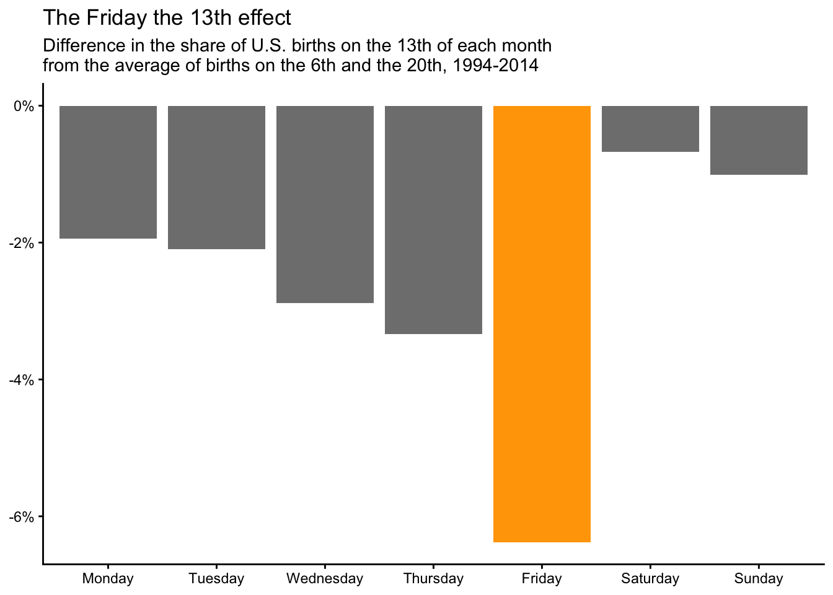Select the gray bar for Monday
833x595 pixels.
pyautogui.click(x=108, y=172)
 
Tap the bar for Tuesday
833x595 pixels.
pyautogui.click(x=216, y=177)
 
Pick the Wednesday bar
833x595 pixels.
pyautogui.click(x=325, y=205)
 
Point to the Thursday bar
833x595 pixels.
pyautogui.click(x=433, y=220)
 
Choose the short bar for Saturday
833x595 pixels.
pyautogui.click(x=650, y=129)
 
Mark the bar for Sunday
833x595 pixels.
pyautogui.click(x=759, y=140)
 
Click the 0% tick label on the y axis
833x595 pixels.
pyautogui.click(x=24, y=106)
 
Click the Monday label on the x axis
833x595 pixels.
pyautogui.click(x=108, y=579)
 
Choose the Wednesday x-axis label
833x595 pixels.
pyautogui.click(x=325, y=579)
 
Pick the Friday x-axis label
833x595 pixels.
pyautogui.click(x=542, y=579)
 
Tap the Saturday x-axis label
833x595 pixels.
pyautogui.click(x=650, y=579)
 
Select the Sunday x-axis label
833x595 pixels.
pyautogui.click(x=759, y=579)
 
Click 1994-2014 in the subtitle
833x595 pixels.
pyautogui.click(x=495, y=65)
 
